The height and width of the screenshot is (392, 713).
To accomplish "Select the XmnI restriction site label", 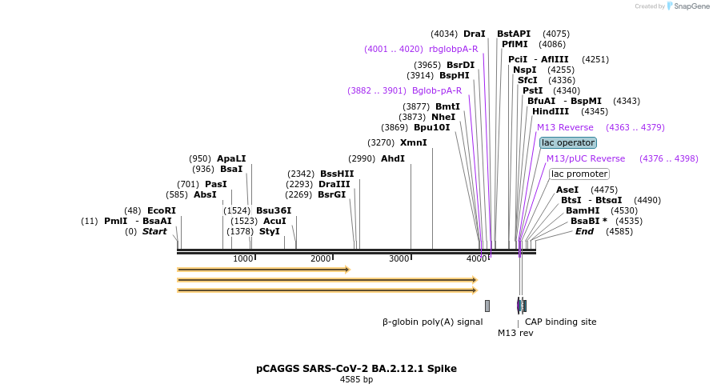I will [x=414, y=143].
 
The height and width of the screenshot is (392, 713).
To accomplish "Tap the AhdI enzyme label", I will [x=393, y=158].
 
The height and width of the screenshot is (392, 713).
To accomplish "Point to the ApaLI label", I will [x=231, y=158].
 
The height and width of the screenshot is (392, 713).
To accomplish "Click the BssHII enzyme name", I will [x=337, y=174].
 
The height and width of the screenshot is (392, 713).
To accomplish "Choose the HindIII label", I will [x=550, y=111].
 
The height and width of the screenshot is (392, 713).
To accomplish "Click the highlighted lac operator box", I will [x=568, y=142].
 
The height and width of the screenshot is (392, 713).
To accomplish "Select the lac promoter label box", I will [x=579, y=174].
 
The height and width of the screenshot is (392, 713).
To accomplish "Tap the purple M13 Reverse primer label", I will [x=565, y=127].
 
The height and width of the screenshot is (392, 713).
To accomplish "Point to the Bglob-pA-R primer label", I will [x=437, y=90].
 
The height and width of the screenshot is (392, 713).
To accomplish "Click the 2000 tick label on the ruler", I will [x=321, y=258].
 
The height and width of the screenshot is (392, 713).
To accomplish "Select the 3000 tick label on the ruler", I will [x=399, y=258].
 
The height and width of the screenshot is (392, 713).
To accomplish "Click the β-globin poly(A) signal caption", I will [x=432, y=322].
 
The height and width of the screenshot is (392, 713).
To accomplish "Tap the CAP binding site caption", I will [x=560, y=322].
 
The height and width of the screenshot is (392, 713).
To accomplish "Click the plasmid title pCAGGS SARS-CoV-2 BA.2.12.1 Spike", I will [x=356, y=369].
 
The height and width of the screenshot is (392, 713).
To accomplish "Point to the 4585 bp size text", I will [x=356, y=380].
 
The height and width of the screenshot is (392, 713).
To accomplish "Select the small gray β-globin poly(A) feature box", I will [x=487, y=306].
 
